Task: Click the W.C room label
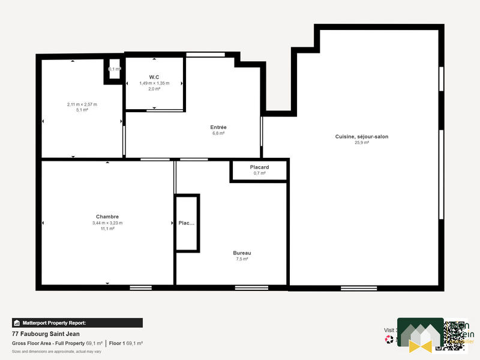click(x=154, y=76)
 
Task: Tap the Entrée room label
click(x=218, y=127)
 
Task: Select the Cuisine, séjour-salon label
click(x=361, y=137)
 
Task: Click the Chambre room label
click(x=107, y=217)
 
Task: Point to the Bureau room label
click(x=242, y=253)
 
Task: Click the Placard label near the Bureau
click(x=259, y=167)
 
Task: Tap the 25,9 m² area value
click(x=361, y=143)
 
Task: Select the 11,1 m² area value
click(x=107, y=229)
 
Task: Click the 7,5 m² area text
click(x=242, y=259)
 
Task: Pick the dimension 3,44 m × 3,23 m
click(x=107, y=223)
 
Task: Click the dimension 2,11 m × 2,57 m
click(x=82, y=104)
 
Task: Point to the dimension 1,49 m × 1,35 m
click(x=154, y=83)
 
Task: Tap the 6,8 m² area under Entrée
click(x=218, y=133)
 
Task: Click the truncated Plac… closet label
click(x=187, y=223)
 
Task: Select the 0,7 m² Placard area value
click(x=259, y=173)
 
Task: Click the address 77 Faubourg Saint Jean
click(x=46, y=334)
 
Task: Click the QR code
click(x=451, y=334)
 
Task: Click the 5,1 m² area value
click(x=82, y=110)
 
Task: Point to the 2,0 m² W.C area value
click(x=154, y=89)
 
